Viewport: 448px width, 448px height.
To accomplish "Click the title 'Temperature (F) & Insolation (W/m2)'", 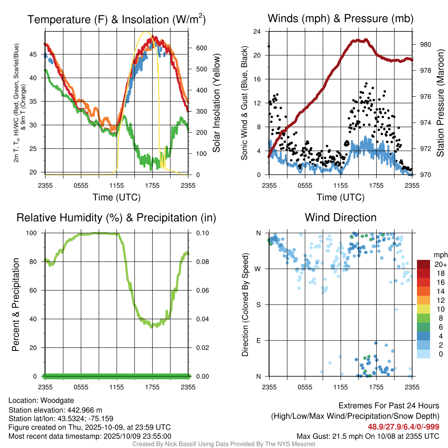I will click(116, 20).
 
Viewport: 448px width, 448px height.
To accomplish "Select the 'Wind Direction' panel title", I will click(340, 217).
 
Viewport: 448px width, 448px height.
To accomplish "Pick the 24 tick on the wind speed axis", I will click(257, 31).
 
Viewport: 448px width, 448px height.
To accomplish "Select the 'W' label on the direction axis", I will click(259, 269).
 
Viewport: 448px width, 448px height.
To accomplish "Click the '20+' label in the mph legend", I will click(440, 264).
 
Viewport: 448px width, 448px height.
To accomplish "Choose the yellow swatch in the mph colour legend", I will click(423, 309).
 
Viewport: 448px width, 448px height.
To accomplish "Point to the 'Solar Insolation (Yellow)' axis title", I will click(216, 103).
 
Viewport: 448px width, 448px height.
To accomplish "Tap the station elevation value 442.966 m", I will click(84, 410).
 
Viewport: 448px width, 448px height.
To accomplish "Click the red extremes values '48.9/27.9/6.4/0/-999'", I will click(403, 427).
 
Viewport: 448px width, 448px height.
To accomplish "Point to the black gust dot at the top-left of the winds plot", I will click(269, 46).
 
